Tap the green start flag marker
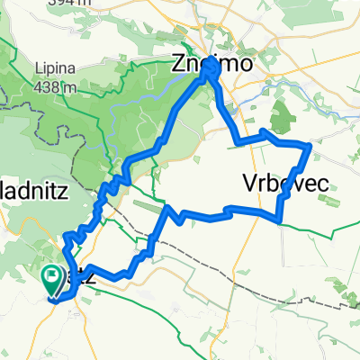[x=52, y=280]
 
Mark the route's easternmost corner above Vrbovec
[x=310, y=145]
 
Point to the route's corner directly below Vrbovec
[x=280, y=219]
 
